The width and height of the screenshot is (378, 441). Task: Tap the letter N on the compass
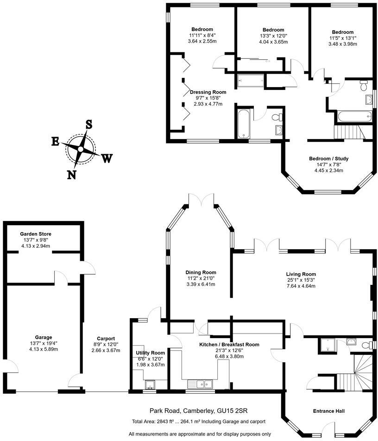[72, 174]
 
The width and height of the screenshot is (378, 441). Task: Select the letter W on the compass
[107, 158]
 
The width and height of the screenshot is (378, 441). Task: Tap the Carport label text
[106, 338]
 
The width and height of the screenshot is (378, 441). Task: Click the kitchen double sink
[200, 384]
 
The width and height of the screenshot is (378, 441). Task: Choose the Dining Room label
[201, 272]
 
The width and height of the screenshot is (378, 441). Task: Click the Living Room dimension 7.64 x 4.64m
[301, 286]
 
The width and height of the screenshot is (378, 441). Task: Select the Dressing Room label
[208, 92]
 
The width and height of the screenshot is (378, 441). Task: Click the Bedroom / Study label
[328, 159]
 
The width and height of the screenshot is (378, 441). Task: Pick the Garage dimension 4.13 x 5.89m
[43, 350]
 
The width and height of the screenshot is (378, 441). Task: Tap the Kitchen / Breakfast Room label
[229, 345]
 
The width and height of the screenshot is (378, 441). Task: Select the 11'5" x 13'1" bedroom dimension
[342, 38]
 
